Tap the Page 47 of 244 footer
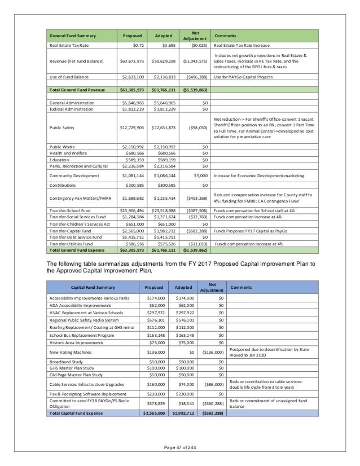(179, 456)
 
